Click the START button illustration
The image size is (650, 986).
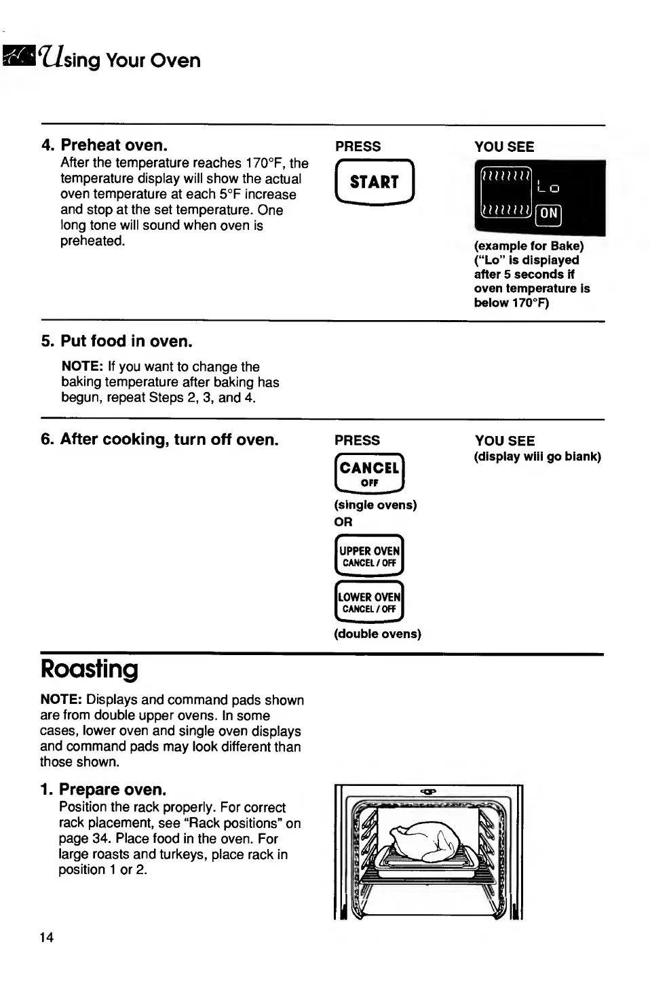point(375,182)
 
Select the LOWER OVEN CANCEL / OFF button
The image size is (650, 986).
point(369,602)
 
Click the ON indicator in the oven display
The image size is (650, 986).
point(549,214)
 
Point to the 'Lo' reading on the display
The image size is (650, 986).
point(548,188)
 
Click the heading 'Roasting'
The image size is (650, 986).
point(89,669)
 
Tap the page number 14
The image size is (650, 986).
point(47,938)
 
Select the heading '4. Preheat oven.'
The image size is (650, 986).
point(104,145)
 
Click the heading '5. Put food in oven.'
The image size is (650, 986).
point(117,341)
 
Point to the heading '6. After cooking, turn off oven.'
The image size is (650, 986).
point(159,439)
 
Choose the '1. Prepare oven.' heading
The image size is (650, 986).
point(103,789)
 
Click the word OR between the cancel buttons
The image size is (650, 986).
point(343,522)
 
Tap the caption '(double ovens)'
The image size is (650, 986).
point(377,634)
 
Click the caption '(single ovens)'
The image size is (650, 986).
point(375,505)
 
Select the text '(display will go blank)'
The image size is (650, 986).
point(537,456)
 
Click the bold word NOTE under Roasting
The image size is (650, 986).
point(61,700)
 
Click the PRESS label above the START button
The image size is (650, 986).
point(358,146)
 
